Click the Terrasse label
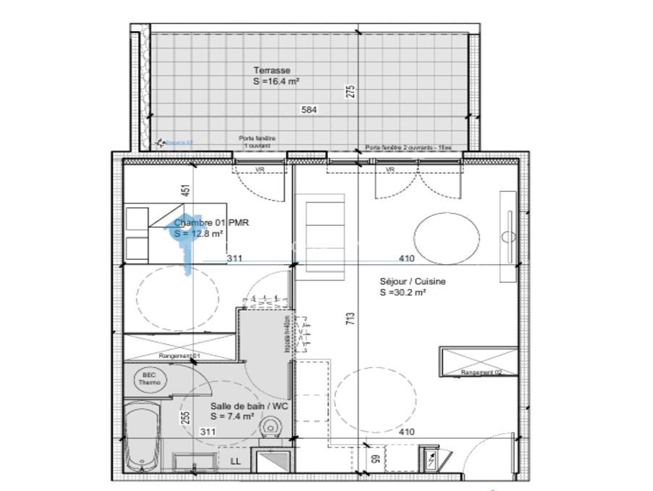click(271, 70)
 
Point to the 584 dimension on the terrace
click(309, 110)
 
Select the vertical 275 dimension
click(350, 92)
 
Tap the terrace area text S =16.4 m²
click(277, 82)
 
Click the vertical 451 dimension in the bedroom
click(185, 190)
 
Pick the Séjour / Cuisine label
click(413, 282)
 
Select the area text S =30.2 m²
click(403, 293)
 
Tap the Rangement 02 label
click(481, 373)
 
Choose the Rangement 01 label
click(180, 356)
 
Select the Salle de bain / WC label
click(249, 406)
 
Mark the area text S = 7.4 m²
click(232, 416)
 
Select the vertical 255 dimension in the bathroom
click(185, 419)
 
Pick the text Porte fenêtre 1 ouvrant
click(257, 141)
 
